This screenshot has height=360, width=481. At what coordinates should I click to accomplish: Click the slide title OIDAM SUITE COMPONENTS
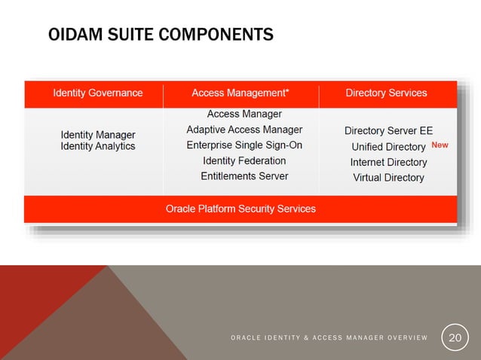pyautogui.click(x=160, y=35)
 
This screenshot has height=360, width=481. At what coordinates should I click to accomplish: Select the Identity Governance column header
pyautogui.click(x=97, y=93)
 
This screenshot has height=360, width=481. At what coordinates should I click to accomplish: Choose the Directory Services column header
pyautogui.click(x=386, y=93)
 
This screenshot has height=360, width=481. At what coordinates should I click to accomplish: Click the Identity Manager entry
pyautogui.click(x=98, y=134)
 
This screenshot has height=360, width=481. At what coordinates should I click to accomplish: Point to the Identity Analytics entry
pyautogui.click(x=98, y=146)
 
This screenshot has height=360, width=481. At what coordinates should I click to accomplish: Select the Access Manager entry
pyautogui.click(x=244, y=114)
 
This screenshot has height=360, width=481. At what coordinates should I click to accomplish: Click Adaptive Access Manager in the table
pyautogui.click(x=244, y=130)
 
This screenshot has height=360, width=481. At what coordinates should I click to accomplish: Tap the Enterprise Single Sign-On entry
pyautogui.click(x=244, y=145)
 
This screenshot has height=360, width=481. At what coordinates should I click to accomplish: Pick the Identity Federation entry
pyautogui.click(x=244, y=160)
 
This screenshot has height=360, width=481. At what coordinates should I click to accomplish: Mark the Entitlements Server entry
pyautogui.click(x=244, y=176)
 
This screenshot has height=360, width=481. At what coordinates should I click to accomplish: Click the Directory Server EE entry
pyautogui.click(x=388, y=130)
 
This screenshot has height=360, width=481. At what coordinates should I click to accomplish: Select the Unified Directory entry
pyautogui.click(x=388, y=147)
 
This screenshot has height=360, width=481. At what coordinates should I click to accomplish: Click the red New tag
pyautogui.click(x=440, y=145)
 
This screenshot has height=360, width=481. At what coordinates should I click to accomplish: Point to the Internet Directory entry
pyautogui.click(x=388, y=162)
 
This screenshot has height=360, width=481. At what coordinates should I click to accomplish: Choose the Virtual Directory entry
pyautogui.click(x=388, y=178)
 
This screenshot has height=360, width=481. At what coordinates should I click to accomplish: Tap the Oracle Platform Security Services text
pyautogui.click(x=240, y=209)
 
